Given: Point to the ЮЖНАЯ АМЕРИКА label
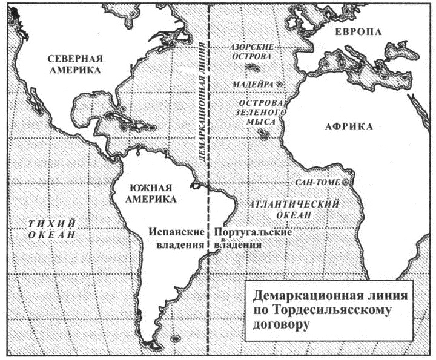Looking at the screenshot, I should [151, 192].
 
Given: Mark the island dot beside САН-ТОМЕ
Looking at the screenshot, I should [347, 182].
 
